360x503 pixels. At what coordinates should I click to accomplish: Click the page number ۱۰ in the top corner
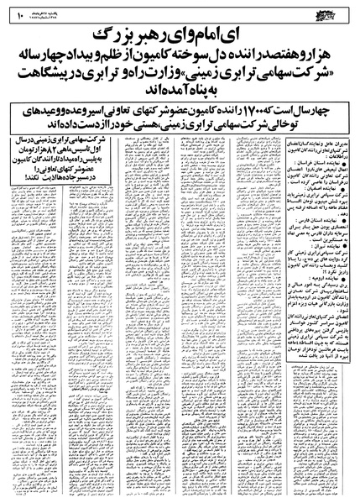click(x=17, y=13)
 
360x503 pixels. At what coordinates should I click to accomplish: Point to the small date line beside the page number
click(x=50, y=13)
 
